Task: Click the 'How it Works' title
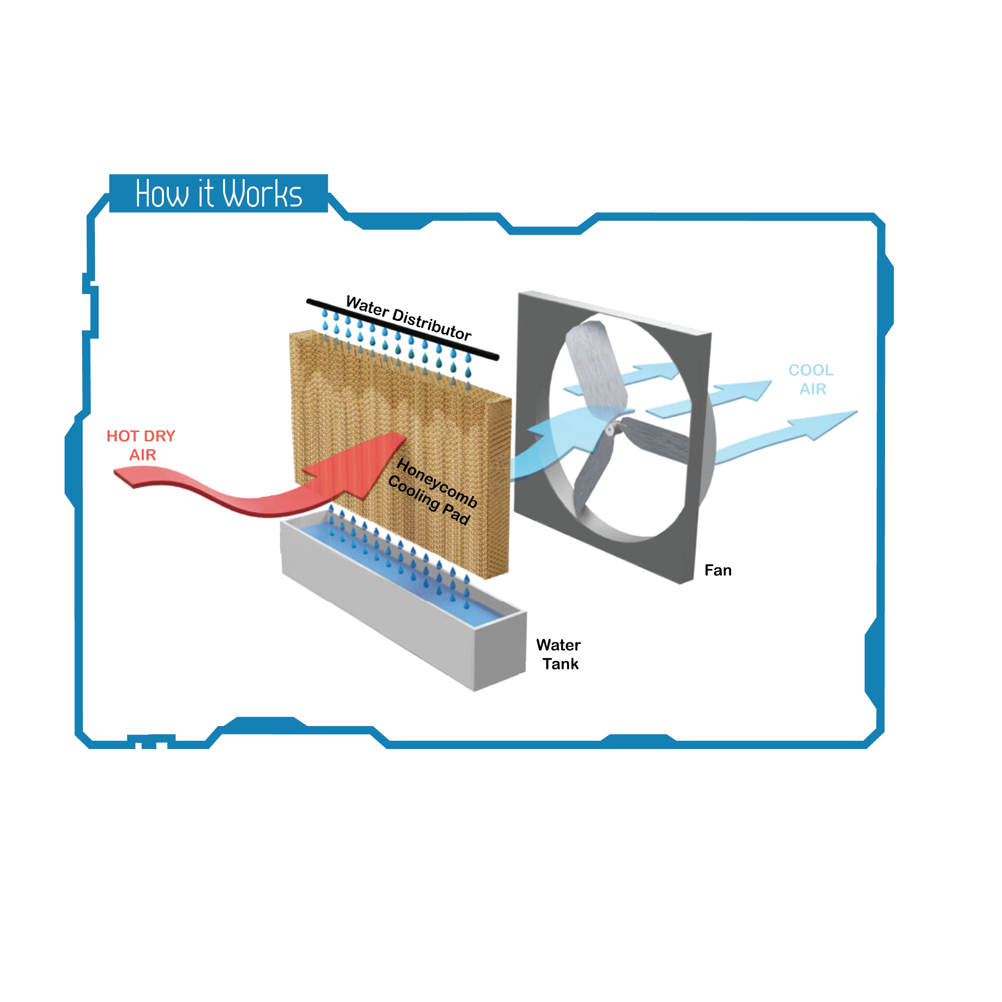pyautogui.click(x=218, y=193)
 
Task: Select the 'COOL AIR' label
pyautogui.click(x=811, y=379)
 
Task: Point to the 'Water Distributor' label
pyautogui.click(x=409, y=318)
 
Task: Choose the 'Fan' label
pyautogui.click(x=718, y=570)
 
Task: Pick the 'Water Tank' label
pyautogui.click(x=559, y=654)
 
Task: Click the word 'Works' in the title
pyautogui.click(x=262, y=193)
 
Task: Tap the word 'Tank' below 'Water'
pyautogui.click(x=560, y=664)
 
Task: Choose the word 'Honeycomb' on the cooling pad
pyautogui.click(x=437, y=482)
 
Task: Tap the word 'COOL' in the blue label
pyautogui.click(x=811, y=370)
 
